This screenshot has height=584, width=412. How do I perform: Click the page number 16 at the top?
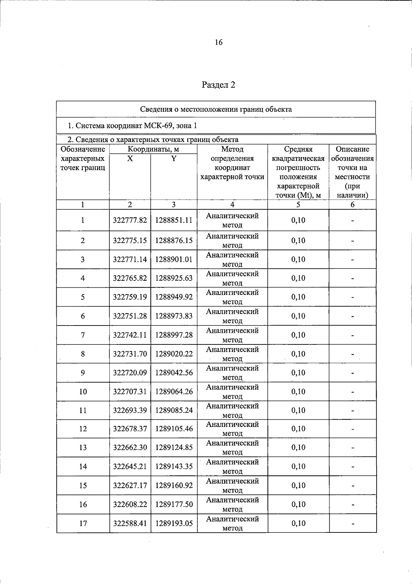(218, 42)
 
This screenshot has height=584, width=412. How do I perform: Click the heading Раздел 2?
(218, 85)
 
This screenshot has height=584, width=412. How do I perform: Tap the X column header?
(130, 158)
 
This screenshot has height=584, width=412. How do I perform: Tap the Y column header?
(174, 158)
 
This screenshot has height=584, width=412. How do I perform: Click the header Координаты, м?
(153, 149)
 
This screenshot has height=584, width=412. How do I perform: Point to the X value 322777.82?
(130, 220)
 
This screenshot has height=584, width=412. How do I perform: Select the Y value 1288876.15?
(174, 241)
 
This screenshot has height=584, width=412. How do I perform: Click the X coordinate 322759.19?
(130, 297)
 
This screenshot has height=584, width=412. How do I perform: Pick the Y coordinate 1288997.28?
(174, 335)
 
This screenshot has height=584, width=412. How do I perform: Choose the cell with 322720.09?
(130, 373)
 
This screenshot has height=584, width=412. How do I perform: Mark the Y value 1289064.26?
(174, 392)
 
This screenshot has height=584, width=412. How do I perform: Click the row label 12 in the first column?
(83, 429)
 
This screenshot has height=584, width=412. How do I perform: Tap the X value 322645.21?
(130, 466)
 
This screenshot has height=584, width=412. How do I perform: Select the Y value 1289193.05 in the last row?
(174, 523)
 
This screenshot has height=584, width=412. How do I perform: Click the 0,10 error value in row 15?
(298, 485)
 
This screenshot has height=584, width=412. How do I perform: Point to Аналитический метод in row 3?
(232, 260)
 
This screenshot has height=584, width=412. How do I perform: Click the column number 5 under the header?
(298, 205)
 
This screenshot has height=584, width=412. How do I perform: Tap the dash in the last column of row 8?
(352, 354)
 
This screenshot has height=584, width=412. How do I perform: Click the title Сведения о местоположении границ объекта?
(216, 109)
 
